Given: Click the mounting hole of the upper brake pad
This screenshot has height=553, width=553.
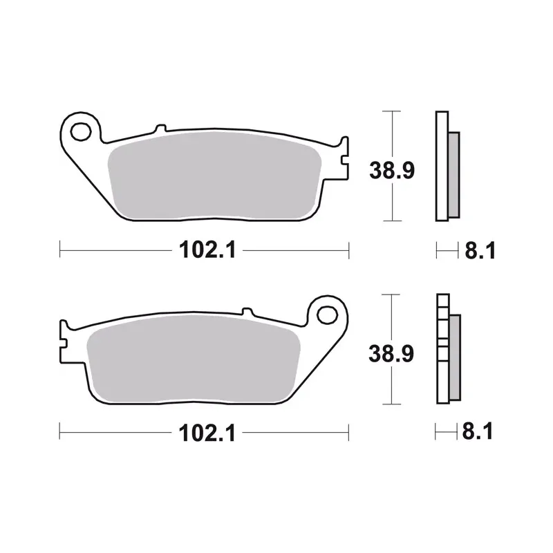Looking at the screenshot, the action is (81, 132).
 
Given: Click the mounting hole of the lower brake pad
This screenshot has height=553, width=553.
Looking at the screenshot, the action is (327, 315).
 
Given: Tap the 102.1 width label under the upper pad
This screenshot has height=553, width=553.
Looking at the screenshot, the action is (207, 250).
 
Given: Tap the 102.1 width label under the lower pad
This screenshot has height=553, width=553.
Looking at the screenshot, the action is (207, 433).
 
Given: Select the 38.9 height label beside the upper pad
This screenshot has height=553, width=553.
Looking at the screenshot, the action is (392, 170).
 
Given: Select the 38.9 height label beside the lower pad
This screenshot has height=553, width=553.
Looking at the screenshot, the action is (391, 353).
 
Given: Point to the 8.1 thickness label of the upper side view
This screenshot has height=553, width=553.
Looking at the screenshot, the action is (480, 250).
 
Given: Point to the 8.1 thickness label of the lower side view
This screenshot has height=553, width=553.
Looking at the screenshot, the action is (478, 431).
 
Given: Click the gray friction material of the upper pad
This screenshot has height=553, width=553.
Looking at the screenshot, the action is (214, 176).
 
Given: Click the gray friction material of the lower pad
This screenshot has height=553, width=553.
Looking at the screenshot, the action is (194, 359).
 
